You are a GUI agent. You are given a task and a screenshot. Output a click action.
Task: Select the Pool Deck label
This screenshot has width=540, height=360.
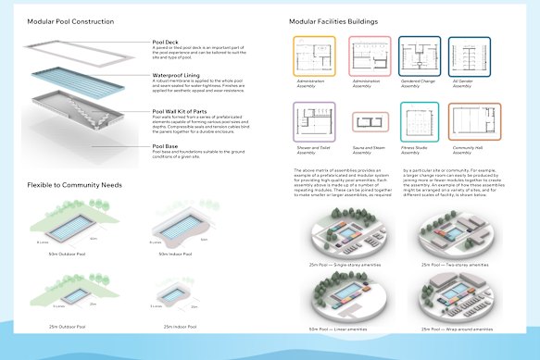point(168,43)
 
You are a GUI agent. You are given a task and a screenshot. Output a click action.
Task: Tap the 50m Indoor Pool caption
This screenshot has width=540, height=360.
point(175,254)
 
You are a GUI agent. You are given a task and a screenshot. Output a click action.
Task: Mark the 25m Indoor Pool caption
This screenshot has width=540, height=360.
point(175,327)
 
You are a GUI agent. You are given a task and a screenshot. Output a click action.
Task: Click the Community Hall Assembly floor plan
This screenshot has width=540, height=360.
point(473,121)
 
